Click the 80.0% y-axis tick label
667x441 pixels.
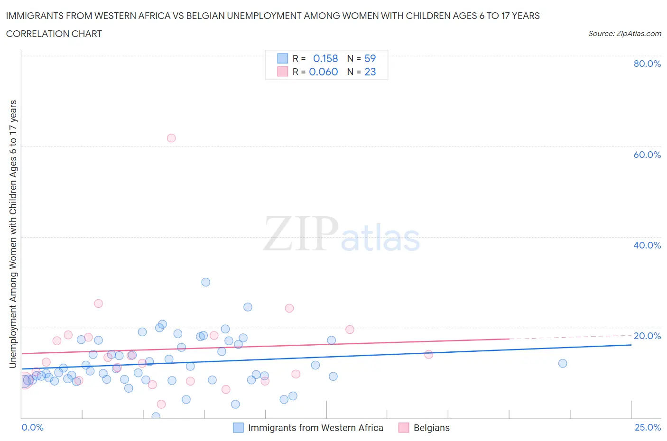(x=647, y=64)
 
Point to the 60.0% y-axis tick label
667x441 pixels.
(x=647, y=155)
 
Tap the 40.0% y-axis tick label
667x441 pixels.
(x=647, y=245)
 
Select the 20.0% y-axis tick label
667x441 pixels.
(x=647, y=336)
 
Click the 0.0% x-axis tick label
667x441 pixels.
(x=32, y=427)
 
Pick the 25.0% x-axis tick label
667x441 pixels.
(x=648, y=427)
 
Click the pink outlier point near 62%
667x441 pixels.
(x=171, y=138)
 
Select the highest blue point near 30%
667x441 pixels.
(x=205, y=282)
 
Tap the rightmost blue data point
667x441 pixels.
(x=563, y=363)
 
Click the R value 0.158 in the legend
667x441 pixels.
(x=325, y=58)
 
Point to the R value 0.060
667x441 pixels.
(x=324, y=72)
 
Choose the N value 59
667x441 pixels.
(x=370, y=58)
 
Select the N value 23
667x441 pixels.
(x=370, y=72)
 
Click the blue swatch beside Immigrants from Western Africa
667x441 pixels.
(x=238, y=428)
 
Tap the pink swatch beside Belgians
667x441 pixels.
(x=404, y=428)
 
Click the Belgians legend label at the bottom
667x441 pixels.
(x=431, y=428)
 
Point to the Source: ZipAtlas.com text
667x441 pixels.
(x=624, y=33)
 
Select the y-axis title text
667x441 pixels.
(x=13, y=234)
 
